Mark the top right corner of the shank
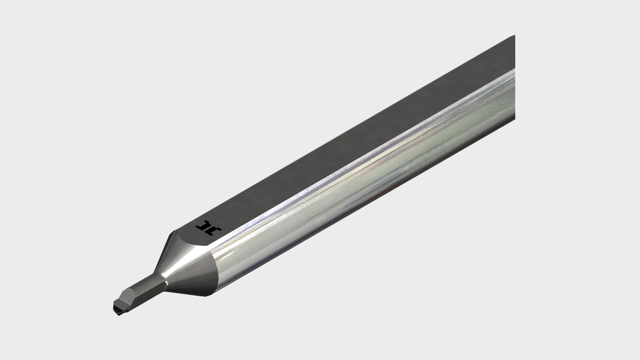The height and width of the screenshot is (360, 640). [x=514, y=36]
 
